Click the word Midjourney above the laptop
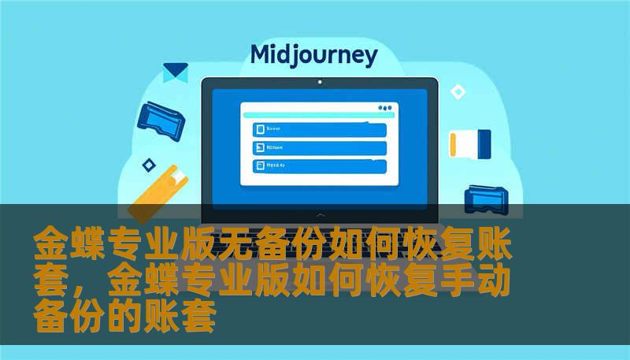pyautogui.click(x=313, y=55)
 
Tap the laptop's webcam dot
pyautogui.click(x=319, y=81)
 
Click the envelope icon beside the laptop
pyautogui.click(x=175, y=72)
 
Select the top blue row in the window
pyautogui.click(x=319, y=130)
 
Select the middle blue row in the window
pyautogui.click(x=319, y=148)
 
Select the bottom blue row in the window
pyautogui.click(x=319, y=166)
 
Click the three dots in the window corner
pyautogui.click(x=384, y=108)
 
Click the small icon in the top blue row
pyautogui.click(x=258, y=130)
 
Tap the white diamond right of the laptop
pyautogui.click(x=458, y=93)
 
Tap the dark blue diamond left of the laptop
pyautogui.click(x=148, y=165)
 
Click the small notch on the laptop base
pyautogui.click(x=319, y=213)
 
